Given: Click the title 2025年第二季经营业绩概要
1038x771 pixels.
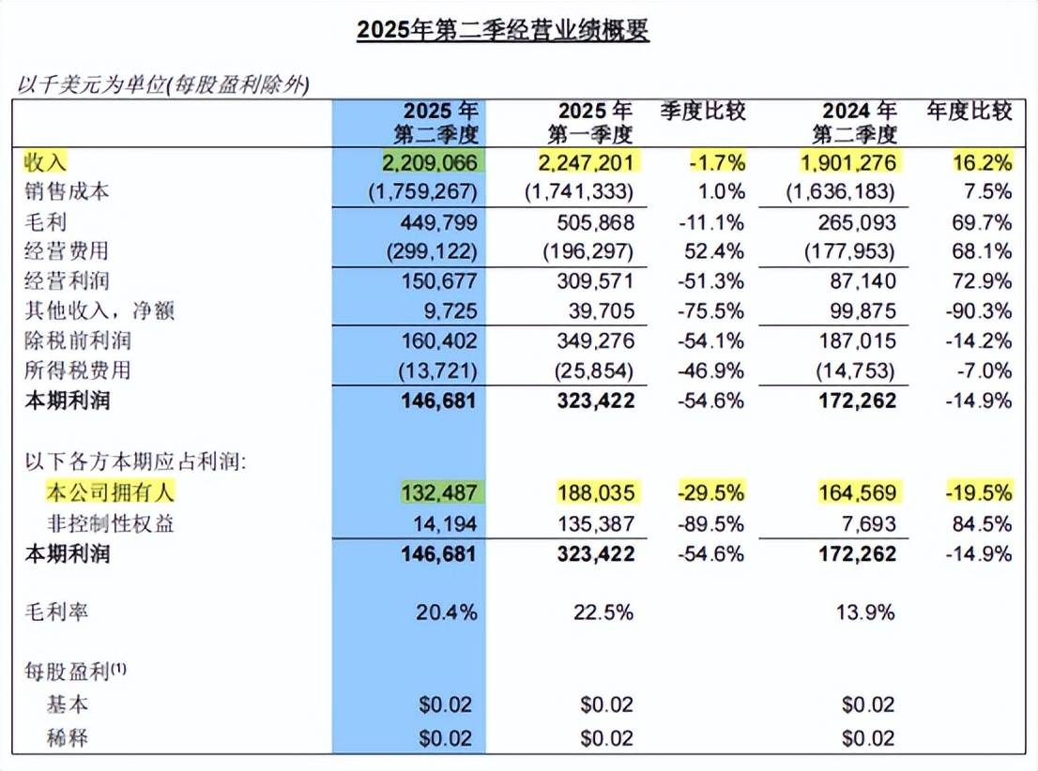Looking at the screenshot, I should (503, 31).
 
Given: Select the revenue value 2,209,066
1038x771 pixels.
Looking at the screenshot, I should (430, 162).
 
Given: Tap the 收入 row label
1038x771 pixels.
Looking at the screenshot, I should (46, 162).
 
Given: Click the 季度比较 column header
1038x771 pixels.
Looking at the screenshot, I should (703, 113).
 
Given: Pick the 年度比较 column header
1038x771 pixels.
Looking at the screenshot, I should (969, 113).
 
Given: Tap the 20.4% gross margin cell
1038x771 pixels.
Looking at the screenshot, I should (446, 613).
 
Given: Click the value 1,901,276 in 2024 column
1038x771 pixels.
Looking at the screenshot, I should (848, 162).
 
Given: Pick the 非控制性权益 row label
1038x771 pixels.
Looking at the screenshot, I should (111, 522).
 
